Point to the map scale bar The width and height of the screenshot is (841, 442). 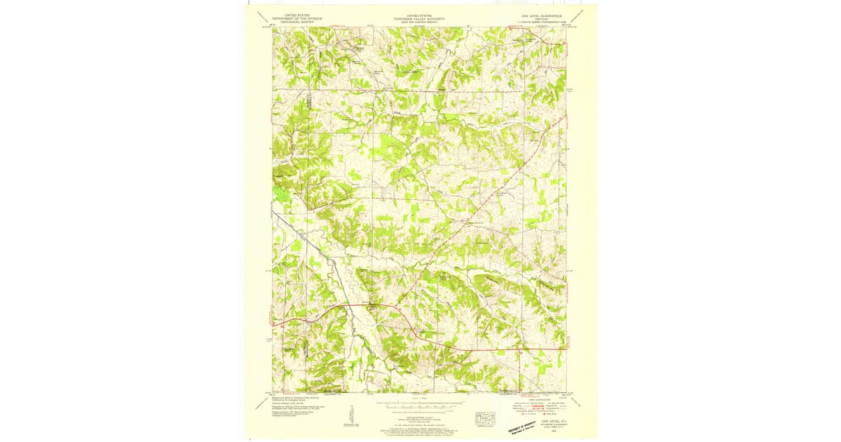(419, 406)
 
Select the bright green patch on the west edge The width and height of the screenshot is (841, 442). (280, 193)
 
